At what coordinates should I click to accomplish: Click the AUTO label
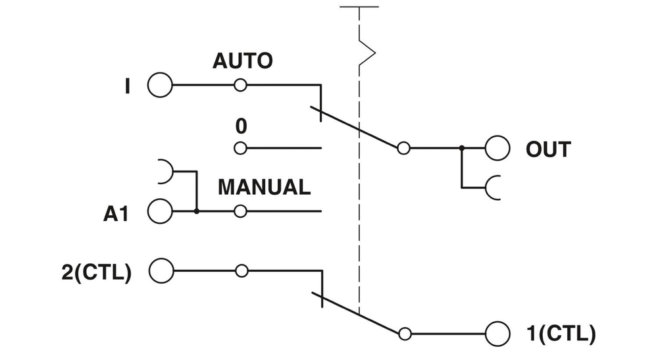(x=242, y=61)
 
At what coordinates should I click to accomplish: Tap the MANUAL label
(x=264, y=187)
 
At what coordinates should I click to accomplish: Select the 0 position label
(x=241, y=125)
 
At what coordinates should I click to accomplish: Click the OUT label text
(x=548, y=149)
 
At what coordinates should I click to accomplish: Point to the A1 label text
(x=115, y=213)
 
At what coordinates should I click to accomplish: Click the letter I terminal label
(x=127, y=86)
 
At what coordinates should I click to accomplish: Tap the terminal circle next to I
(x=160, y=86)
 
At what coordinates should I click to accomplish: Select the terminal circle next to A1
(x=160, y=212)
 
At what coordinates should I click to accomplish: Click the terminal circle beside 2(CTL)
(x=161, y=270)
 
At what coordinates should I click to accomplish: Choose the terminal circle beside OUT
(x=497, y=149)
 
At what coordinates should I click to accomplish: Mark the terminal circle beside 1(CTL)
(x=497, y=333)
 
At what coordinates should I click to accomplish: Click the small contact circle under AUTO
(x=241, y=86)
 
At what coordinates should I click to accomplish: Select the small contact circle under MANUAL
(x=241, y=212)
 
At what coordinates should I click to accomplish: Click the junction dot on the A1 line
(x=197, y=212)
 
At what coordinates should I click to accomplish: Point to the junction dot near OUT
(x=462, y=149)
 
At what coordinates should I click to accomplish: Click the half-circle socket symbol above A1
(x=164, y=172)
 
